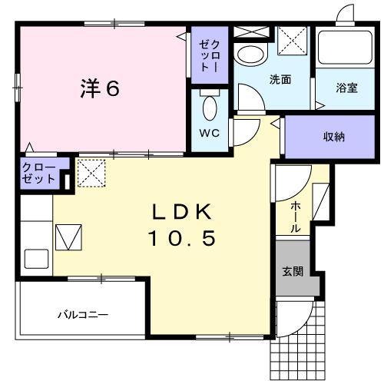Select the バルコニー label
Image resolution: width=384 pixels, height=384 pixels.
[83, 315]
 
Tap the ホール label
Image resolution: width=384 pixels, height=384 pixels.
[296, 218]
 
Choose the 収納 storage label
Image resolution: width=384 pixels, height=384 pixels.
[333, 137]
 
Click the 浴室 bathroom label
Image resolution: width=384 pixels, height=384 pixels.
[346, 88]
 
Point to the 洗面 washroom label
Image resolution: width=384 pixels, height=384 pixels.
[279, 79]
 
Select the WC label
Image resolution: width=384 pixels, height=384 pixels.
[210, 132]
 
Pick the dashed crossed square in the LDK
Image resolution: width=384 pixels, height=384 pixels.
[91, 173]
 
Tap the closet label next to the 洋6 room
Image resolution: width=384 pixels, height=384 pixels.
[210, 56]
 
